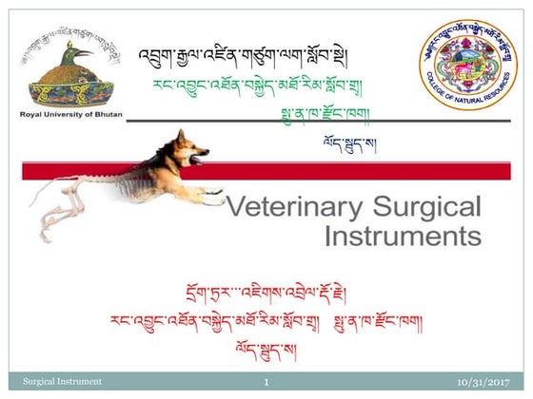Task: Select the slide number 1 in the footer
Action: click(267, 382)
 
